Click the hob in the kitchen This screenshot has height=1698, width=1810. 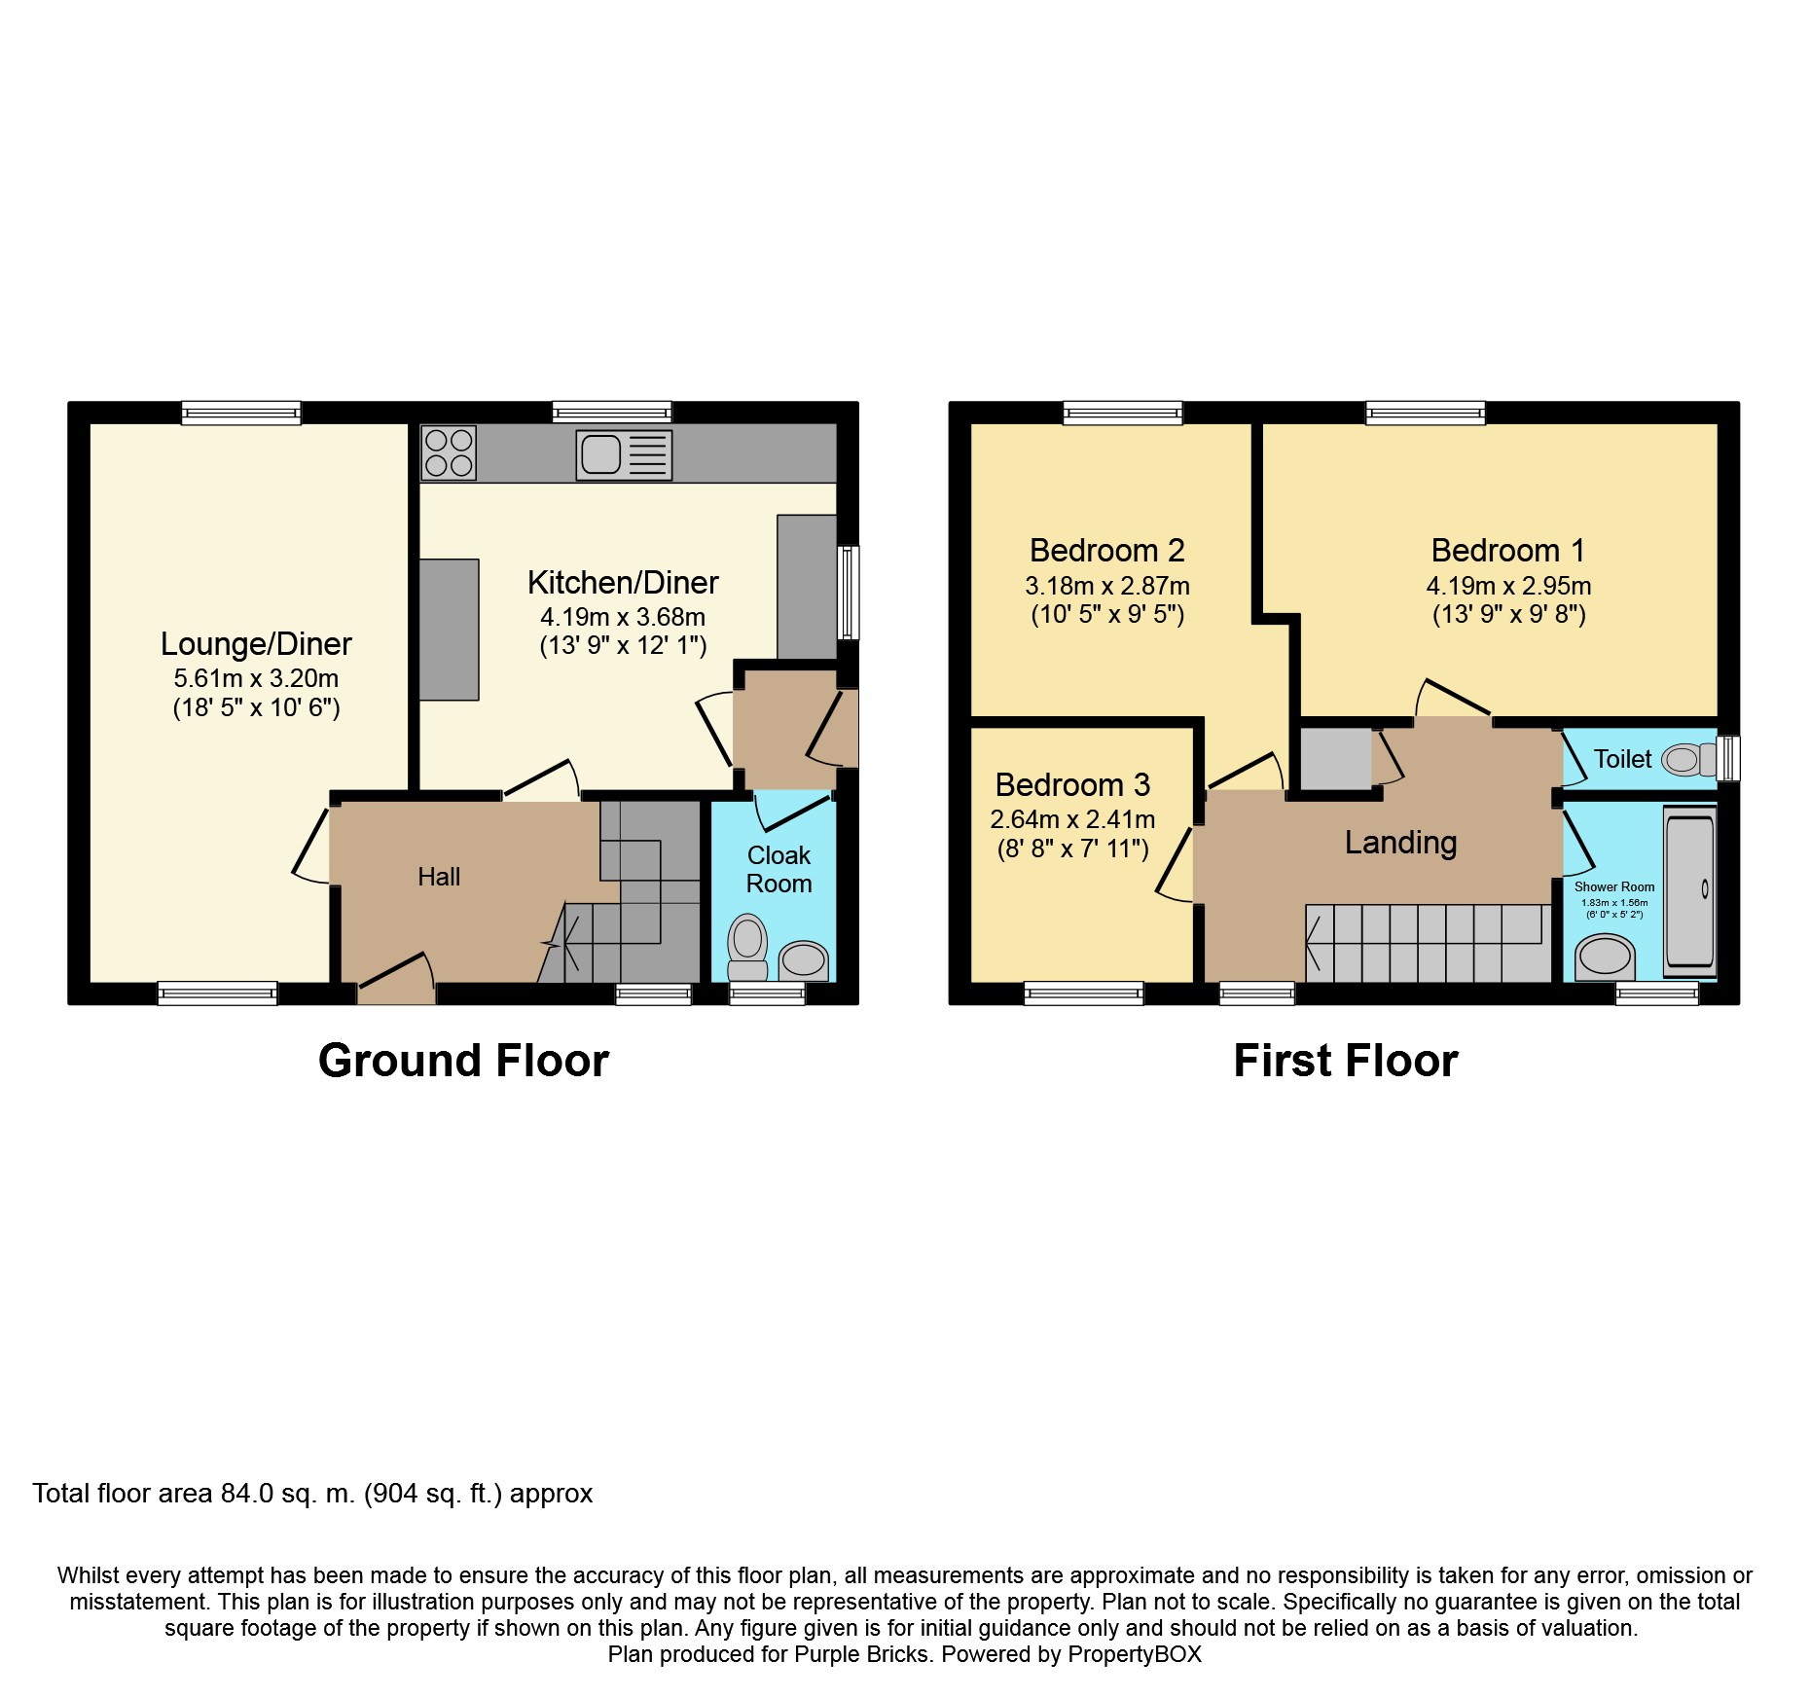449,453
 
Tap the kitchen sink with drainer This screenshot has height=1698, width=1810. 624,454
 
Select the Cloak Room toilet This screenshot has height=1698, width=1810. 747,947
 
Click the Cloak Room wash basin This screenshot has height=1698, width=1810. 804,960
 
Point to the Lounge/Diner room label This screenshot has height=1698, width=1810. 256,644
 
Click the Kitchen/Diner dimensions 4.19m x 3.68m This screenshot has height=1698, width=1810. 623,617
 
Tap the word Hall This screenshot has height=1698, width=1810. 439,877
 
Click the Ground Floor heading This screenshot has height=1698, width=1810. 463,1061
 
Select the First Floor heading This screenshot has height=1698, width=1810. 1346,1061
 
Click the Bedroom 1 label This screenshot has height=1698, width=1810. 1508,551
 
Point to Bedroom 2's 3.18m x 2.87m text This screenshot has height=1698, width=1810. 1107,586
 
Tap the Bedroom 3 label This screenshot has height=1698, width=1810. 1072,784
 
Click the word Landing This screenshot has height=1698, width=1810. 1401,843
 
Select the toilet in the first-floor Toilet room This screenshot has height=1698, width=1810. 1688,759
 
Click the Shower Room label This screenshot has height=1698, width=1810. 1614,886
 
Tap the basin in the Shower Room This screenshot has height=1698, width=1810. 1605,957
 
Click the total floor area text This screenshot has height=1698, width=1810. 312,1494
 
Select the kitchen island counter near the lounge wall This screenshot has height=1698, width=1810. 449,630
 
